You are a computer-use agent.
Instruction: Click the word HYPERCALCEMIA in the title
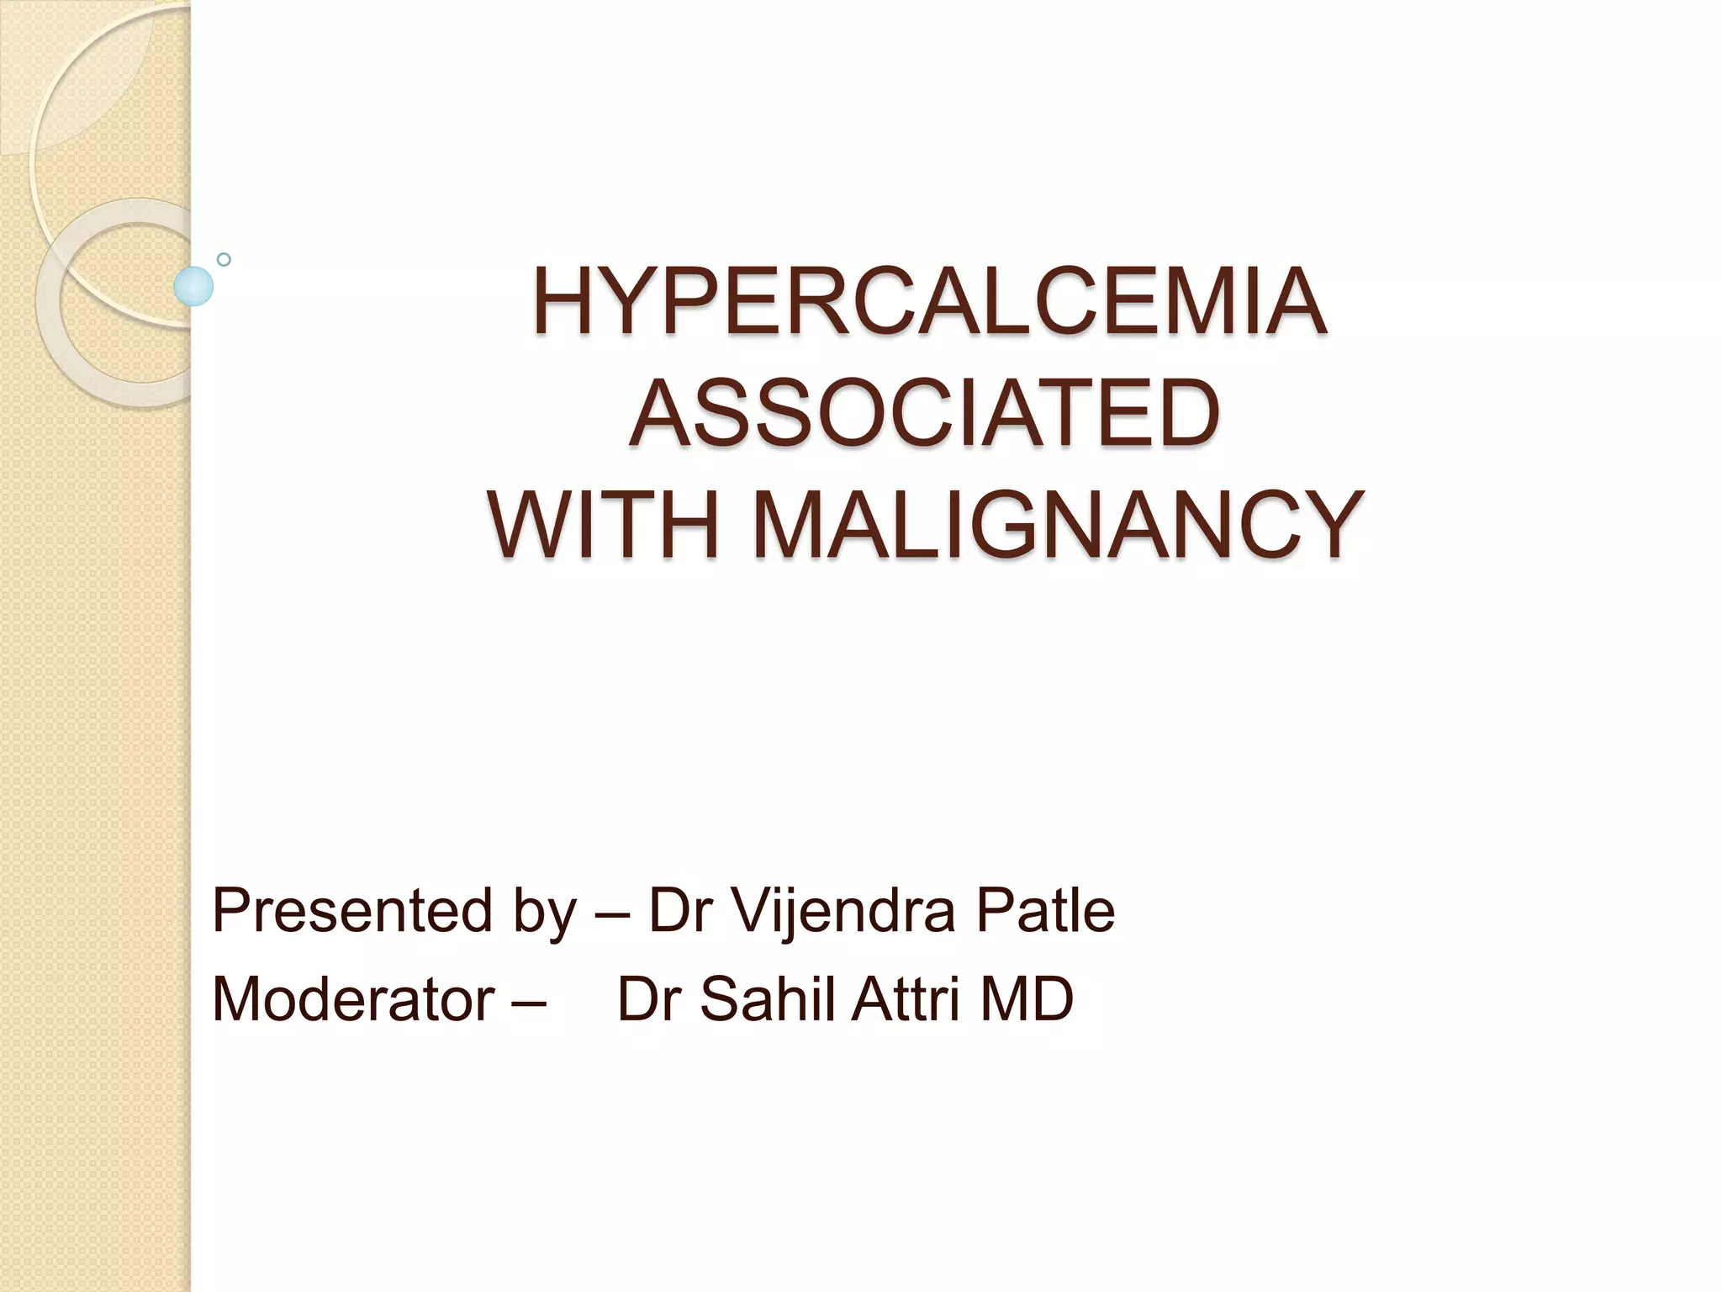click(x=929, y=301)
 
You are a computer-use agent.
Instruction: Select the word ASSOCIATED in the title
click(x=924, y=413)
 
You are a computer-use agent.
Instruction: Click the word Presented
click(x=351, y=910)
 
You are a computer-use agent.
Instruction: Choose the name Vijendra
click(x=842, y=910)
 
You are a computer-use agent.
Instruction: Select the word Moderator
click(x=353, y=999)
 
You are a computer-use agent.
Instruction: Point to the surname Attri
click(x=906, y=999)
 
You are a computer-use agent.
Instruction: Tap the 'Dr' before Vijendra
click(x=680, y=910)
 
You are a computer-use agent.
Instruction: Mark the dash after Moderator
click(x=527, y=1001)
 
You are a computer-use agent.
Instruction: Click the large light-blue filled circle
click(x=193, y=286)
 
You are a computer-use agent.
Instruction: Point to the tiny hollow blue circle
click(x=224, y=259)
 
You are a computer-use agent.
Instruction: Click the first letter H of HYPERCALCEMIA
click(x=561, y=301)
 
